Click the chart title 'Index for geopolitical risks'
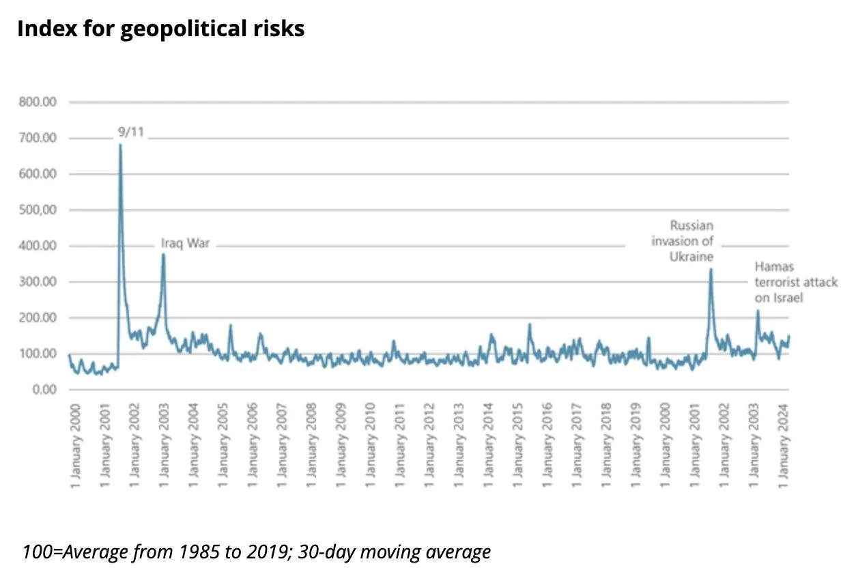(161, 29)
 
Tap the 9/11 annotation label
(130, 132)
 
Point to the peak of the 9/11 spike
(120, 145)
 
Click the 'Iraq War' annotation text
(186, 243)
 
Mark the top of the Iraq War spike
(163, 254)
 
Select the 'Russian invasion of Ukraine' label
(683, 241)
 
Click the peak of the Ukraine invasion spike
(711, 269)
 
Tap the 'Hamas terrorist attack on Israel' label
(796, 282)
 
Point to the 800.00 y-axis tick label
(38, 102)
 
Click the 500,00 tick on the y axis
(38, 210)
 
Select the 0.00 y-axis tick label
(44, 390)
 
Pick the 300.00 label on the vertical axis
(38, 282)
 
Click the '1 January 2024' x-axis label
(784, 445)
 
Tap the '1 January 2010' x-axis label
(370, 445)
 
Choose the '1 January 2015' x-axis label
(517, 445)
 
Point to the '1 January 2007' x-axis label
(282, 445)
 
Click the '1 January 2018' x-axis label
(606, 445)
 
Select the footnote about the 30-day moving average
(257, 552)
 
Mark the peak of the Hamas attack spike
(758, 311)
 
